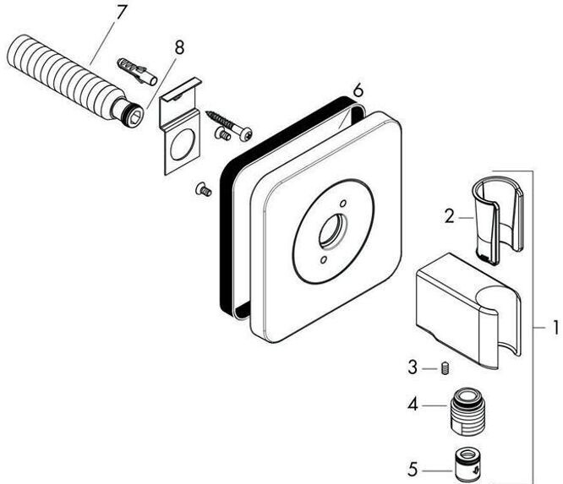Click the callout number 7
[121, 13]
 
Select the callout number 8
[179, 47]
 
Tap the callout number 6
[358, 90]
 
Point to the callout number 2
[449, 217]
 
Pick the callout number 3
[413, 368]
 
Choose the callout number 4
[413, 405]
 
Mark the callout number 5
[413, 470]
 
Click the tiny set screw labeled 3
[445, 368]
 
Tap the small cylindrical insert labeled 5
[467, 465]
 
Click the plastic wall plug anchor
[137, 70]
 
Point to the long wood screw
[229, 125]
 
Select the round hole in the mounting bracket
[183, 144]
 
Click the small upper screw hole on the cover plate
[343, 204]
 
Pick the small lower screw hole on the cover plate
[324, 259]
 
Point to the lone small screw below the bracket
[204, 189]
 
